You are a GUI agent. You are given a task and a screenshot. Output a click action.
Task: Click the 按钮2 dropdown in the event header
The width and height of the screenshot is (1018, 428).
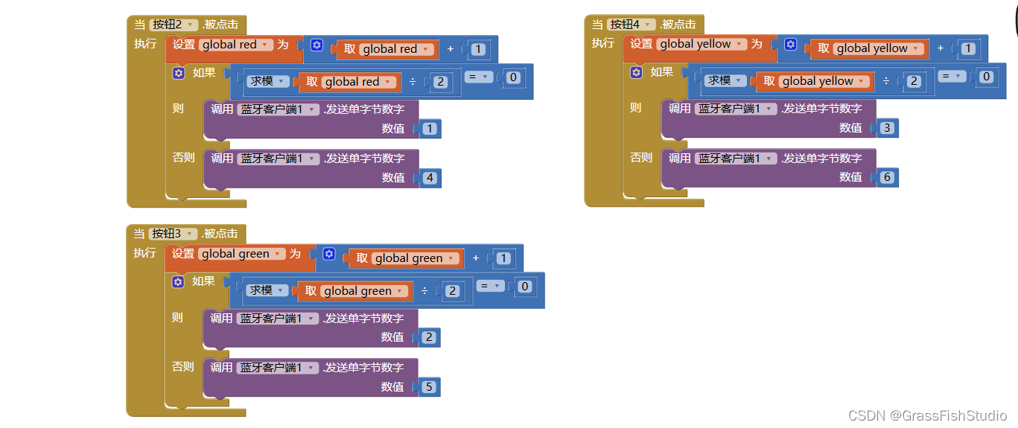(x=174, y=25)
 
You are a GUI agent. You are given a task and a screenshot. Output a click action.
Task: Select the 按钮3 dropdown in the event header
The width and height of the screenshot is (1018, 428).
(x=174, y=234)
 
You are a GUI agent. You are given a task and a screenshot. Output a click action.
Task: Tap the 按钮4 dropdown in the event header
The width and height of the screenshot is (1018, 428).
(x=632, y=25)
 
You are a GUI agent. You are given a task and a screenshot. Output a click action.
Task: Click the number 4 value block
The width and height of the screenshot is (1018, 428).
(x=430, y=178)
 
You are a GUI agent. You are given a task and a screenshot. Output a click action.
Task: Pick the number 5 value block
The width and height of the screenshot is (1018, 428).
(x=430, y=387)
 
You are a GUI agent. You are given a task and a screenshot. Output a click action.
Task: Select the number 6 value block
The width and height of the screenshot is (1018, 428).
(x=887, y=177)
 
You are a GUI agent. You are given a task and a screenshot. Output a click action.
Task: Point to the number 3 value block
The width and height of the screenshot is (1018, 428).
(x=886, y=128)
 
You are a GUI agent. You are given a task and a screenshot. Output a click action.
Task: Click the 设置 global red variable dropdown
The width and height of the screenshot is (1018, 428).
(x=236, y=45)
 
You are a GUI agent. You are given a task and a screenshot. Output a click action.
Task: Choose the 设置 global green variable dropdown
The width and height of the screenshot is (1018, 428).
(x=242, y=254)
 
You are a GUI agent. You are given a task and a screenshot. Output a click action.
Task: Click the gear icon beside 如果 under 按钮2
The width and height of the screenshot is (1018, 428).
(x=178, y=73)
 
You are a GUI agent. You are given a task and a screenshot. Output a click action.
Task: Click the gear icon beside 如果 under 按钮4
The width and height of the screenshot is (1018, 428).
(x=636, y=72)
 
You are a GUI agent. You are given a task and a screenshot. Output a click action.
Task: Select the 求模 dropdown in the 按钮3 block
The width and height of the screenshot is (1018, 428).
(x=267, y=290)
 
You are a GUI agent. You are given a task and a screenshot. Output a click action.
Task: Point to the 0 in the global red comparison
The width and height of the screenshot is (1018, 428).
(x=513, y=77)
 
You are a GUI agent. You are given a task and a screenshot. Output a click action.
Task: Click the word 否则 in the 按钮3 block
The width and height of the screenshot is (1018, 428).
(x=182, y=366)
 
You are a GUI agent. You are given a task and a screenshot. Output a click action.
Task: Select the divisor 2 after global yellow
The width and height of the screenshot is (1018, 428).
(x=914, y=81)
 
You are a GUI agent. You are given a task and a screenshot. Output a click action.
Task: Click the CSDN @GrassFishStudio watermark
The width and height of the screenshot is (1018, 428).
(x=927, y=415)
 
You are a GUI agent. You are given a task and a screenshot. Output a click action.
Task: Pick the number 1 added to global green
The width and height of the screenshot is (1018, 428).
(x=503, y=258)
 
